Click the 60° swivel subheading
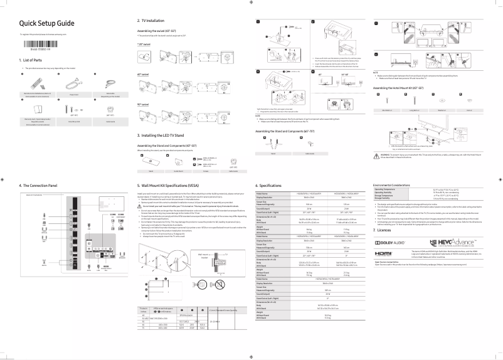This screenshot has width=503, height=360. (144, 74)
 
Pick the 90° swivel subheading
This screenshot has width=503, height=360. (144, 104)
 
